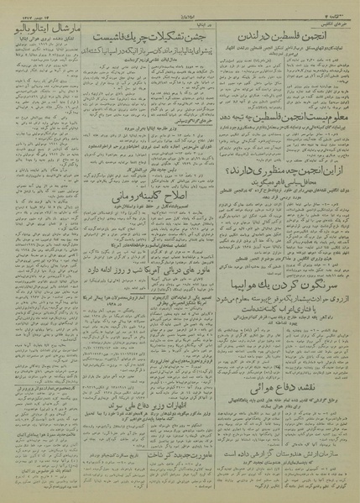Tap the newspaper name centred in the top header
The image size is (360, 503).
pos(179,8)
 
